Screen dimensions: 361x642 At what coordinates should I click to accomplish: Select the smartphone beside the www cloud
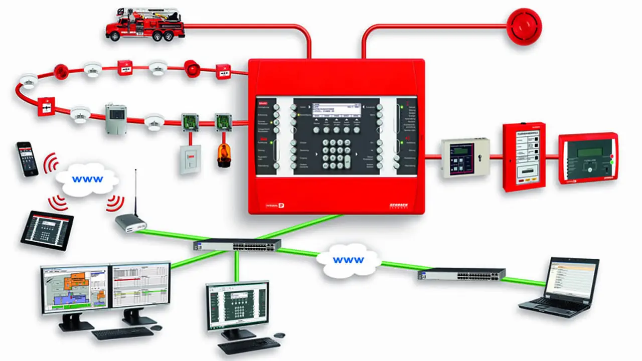pos(27,158)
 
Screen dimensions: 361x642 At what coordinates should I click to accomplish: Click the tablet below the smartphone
pos(47,229)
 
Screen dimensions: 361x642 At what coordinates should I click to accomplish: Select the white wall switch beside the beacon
pos(191,159)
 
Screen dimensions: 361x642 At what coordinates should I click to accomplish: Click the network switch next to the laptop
pos(461,274)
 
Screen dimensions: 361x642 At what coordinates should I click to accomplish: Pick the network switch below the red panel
pos(237,245)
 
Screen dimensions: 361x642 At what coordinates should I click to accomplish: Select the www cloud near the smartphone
pos(87,178)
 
